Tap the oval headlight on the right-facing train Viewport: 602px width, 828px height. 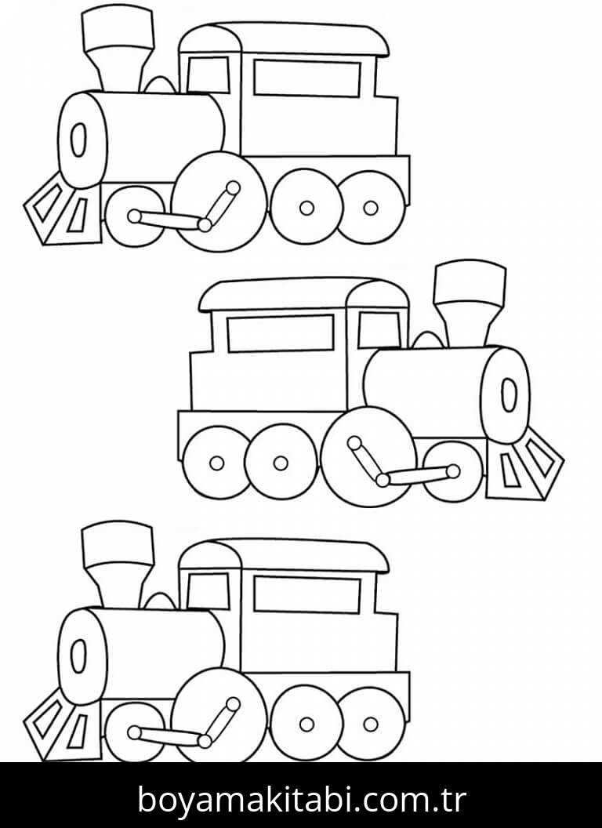[x=510, y=394]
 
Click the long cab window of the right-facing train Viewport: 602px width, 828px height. [x=280, y=333]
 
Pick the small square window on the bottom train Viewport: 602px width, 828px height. [x=209, y=590]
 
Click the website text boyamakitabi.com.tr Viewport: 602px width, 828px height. [x=301, y=799]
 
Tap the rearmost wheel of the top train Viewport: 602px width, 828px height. [x=371, y=208]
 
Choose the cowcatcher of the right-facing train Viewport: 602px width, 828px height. [x=527, y=467]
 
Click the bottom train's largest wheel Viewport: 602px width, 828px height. [x=219, y=717]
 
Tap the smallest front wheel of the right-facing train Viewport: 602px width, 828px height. [x=453, y=471]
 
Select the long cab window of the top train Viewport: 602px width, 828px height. [x=306, y=78]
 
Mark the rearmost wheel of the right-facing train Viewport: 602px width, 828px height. [x=216, y=463]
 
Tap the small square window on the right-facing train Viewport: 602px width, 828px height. [x=379, y=330]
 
